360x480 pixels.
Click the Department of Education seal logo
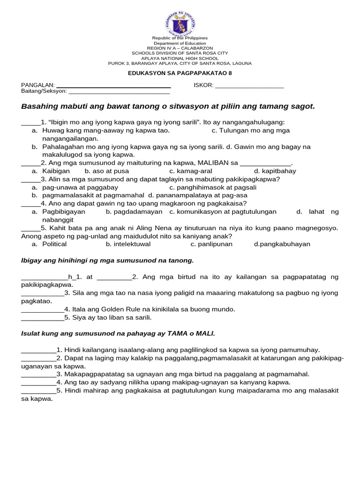click(x=180, y=23)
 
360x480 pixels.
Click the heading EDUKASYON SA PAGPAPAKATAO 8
click(x=180, y=73)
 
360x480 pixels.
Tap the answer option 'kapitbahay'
click(x=278, y=171)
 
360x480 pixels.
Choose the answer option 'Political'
click(x=54, y=244)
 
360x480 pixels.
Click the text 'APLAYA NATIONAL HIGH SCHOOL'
click(x=180, y=59)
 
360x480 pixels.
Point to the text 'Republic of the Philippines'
click(x=180, y=38)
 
